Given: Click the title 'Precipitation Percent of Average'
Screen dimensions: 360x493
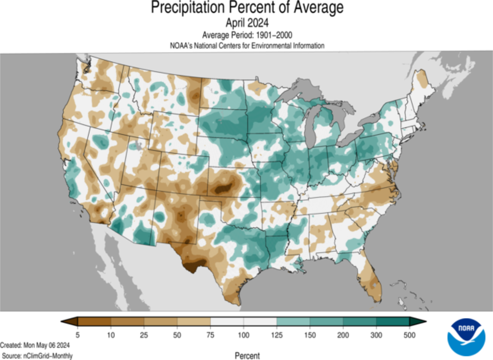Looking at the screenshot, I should (247, 8).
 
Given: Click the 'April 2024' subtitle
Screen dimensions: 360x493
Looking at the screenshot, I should (247, 23).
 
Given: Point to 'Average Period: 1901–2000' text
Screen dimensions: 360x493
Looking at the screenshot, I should (247, 35).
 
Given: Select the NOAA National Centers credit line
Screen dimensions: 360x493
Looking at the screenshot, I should (247, 45).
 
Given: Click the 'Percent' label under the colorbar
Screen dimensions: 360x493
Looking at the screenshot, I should (247, 356).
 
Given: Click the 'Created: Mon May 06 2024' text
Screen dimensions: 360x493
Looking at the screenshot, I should (36, 346).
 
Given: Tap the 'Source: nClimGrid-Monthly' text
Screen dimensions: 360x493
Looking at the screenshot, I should (37, 356).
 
